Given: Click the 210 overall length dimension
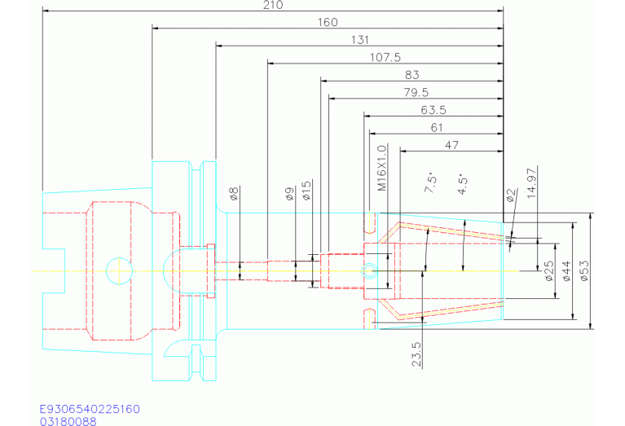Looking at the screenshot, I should pyautogui.click(x=273, y=5).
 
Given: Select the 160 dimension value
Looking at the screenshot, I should pyautogui.click(x=327, y=22).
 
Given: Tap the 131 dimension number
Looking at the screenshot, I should pyautogui.click(x=359, y=40).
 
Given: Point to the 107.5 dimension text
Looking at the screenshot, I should pyautogui.click(x=385, y=57).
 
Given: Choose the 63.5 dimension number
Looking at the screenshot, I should pyautogui.click(x=434, y=110).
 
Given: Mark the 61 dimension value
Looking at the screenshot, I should pyautogui.click(x=437, y=127).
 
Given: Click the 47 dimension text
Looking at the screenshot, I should pyautogui.click(x=452, y=145).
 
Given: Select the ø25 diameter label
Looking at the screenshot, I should pyautogui.click(x=548, y=270).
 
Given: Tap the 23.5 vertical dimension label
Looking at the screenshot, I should pyautogui.click(x=416, y=355).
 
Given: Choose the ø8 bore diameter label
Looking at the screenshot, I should pyautogui.click(x=234, y=194).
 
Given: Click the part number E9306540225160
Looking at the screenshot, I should pyautogui.click(x=90, y=408).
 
